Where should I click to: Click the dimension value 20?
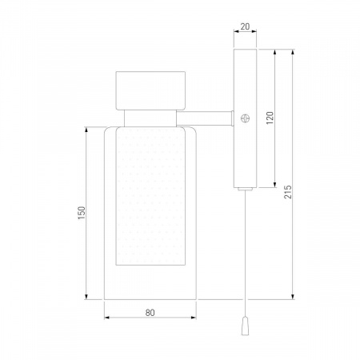pyautogui.click(x=245, y=26)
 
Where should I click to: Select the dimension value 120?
pyautogui.click(x=270, y=118)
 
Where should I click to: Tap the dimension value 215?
pyautogui.click(x=288, y=192)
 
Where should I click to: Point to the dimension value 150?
pyautogui.click(x=82, y=213)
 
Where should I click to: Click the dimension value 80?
pyautogui.click(x=150, y=313)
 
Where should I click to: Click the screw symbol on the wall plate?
pyautogui.click(x=245, y=118)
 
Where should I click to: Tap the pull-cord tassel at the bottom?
pyautogui.click(x=245, y=326)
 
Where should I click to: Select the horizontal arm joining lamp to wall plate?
pyautogui.click(x=205, y=118)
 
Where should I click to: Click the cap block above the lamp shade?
pyautogui.click(x=150, y=90)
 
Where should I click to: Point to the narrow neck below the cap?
pyautogui.click(x=150, y=118)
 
